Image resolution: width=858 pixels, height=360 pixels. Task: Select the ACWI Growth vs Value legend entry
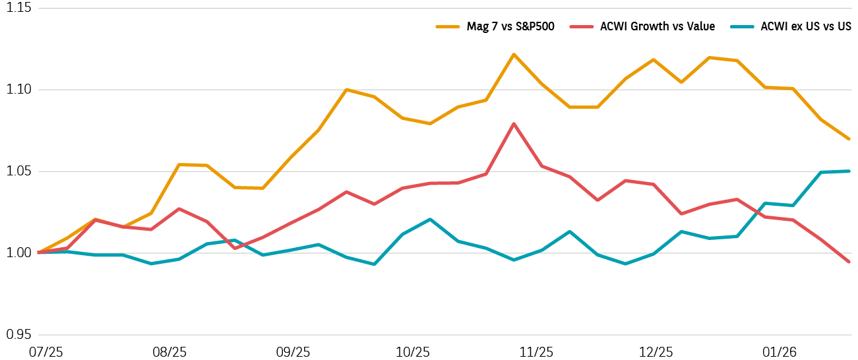tap(657, 27)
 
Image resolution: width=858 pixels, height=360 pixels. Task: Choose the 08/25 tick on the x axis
tap(169, 352)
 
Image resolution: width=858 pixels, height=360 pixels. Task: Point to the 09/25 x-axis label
tap(291, 352)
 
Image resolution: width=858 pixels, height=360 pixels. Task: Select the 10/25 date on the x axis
tap(414, 352)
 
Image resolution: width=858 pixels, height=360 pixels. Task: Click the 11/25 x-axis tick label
tap(536, 352)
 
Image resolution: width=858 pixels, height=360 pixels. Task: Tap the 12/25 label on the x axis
tap(658, 352)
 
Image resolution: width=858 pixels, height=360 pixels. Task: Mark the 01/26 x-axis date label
tap(780, 352)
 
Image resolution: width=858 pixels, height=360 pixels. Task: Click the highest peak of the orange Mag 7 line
tap(514, 54)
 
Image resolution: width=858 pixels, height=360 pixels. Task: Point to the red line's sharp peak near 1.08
tap(514, 123)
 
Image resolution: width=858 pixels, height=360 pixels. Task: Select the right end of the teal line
tap(849, 171)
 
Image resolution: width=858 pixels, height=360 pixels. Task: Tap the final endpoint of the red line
tap(849, 262)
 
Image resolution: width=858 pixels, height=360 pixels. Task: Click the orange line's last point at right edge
tap(849, 139)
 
